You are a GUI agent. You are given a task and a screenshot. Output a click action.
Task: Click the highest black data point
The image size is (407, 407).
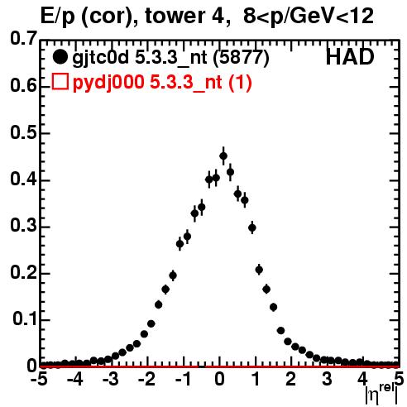click(223, 156)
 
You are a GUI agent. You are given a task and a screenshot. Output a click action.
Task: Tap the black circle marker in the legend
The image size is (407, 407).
click(60, 57)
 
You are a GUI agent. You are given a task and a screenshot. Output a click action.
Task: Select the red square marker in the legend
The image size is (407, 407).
click(60, 82)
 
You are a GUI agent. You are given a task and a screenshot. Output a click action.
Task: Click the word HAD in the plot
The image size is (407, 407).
click(350, 57)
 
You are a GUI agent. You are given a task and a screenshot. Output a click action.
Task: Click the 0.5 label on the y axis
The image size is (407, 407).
click(23, 132)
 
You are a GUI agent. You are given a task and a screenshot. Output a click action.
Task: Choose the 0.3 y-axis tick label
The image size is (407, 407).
click(23, 226)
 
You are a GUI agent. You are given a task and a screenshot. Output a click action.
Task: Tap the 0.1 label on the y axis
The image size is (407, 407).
click(25, 318)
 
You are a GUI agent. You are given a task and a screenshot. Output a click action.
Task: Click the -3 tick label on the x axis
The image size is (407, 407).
click(111, 379)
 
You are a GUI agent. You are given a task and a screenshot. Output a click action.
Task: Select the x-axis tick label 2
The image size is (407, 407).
click(290, 379)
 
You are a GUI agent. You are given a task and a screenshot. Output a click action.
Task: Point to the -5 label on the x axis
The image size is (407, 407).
click(39, 379)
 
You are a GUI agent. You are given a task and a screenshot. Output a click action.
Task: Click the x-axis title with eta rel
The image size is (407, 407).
click(382, 394)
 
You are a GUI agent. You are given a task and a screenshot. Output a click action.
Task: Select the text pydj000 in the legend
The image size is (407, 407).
click(108, 83)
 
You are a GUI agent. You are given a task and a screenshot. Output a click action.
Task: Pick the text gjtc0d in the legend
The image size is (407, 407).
click(100, 58)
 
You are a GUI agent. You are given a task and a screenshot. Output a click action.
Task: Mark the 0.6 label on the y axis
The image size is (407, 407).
click(23, 86)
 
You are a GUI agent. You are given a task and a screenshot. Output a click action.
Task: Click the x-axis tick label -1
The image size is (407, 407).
click(183, 379)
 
